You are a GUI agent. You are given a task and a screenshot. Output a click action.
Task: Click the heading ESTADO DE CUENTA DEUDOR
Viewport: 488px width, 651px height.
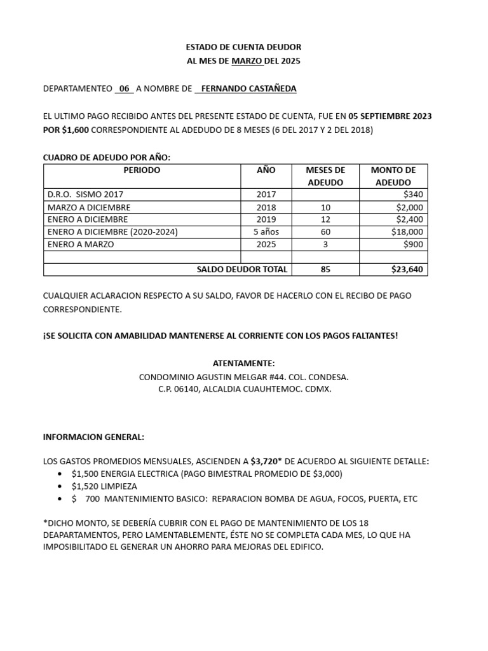coord(243,47)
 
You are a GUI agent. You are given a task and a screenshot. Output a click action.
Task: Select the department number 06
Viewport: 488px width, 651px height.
coord(124,88)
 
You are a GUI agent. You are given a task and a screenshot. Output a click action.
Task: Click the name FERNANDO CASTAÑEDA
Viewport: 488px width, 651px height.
coord(248,88)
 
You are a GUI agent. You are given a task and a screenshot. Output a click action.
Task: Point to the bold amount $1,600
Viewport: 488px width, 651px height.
coord(76,130)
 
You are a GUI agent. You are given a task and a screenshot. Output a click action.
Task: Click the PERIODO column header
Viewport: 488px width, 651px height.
coord(142,170)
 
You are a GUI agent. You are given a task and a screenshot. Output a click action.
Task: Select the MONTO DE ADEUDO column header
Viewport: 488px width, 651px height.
coord(393,176)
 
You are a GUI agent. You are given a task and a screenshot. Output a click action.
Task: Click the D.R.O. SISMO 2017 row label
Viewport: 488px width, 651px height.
coord(83,195)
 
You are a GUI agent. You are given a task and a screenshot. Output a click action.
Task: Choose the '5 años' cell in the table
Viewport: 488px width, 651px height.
coord(267,232)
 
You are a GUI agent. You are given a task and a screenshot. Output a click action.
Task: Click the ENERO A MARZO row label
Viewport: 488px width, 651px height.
coord(79,244)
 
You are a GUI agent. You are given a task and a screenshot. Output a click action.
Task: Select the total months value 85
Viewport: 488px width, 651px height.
coord(325,270)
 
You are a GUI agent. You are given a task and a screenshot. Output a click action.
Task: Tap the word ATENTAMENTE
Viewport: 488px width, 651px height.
coord(244,363)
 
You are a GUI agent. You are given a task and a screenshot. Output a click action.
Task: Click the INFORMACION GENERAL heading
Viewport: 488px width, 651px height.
coord(93,437)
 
